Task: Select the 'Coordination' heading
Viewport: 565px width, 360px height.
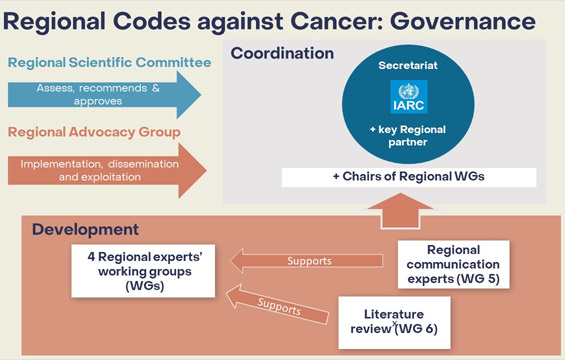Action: click(x=285, y=52)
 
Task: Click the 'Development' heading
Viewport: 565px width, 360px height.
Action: click(x=84, y=230)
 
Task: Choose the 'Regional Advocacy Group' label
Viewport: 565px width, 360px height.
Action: click(x=95, y=131)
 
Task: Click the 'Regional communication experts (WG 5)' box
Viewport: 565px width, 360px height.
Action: click(x=454, y=263)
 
